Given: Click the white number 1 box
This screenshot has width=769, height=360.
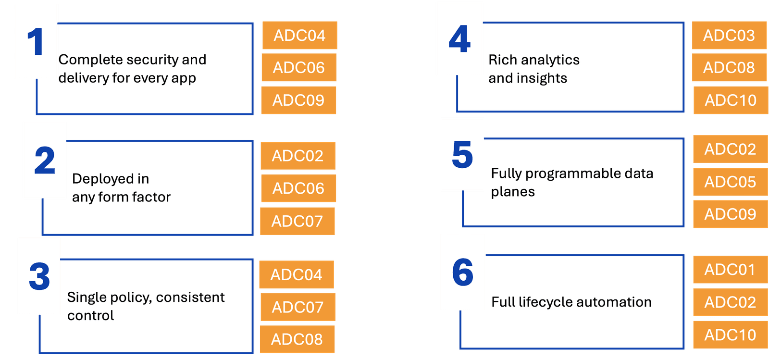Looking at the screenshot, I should [x=36, y=41].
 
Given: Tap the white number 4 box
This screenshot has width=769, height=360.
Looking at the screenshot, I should [x=459, y=39].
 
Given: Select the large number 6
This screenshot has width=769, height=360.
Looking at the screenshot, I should [x=462, y=272].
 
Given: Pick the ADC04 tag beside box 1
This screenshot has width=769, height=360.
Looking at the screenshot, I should [x=299, y=35].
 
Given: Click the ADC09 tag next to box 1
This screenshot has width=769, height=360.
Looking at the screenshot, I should [x=298, y=100].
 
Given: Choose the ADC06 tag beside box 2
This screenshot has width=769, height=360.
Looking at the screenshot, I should [x=298, y=188].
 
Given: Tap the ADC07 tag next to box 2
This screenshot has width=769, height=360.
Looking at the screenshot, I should [x=297, y=221].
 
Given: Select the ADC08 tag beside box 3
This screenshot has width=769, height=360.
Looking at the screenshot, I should [x=297, y=339].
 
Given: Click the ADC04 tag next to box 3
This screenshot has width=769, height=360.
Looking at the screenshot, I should [x=296, y=274].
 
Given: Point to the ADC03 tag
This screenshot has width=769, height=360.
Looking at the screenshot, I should [x=729, y=35].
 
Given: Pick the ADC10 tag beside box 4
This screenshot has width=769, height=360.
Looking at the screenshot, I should [x=731, y=100].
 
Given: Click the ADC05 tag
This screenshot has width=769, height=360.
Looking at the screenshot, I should [x=730, y=182].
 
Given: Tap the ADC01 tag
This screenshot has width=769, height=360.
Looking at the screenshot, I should [x=730, y=270].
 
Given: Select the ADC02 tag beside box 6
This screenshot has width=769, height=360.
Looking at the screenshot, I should [x=730, y=302].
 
